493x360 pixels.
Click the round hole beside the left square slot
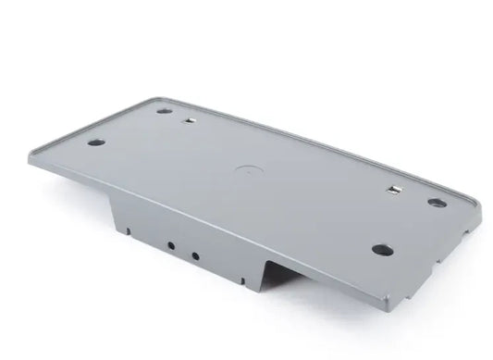point(164,111)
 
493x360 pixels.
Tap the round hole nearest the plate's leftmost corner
point(95,143)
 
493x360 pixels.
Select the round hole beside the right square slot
point(437,203)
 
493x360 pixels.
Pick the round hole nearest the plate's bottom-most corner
point(382,250)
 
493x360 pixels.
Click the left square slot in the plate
point(190,119)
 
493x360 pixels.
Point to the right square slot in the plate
point(395,191)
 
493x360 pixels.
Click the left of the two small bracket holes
point(171,246)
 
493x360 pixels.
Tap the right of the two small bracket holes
point(194,254)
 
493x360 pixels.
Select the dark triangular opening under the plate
point(275,275)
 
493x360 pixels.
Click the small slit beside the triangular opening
point(241,278)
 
